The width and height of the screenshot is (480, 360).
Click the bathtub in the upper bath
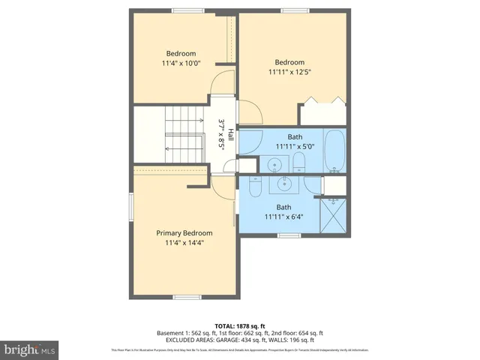coord(334,150)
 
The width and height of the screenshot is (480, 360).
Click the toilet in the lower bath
coord(254,186)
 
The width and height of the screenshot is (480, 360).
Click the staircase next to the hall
coord(169,134)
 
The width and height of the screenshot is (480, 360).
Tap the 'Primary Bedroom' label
coord(184,232)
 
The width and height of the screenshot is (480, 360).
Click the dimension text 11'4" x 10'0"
coord(181,64)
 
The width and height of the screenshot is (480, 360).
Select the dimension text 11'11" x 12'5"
coord(289,73)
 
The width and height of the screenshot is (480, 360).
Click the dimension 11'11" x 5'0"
coord(289,146)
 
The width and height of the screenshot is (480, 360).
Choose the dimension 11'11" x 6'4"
coord(283,217)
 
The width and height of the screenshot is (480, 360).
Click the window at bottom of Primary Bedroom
coord(187,297)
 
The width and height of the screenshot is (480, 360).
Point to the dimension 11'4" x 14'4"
coord(184,243)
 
